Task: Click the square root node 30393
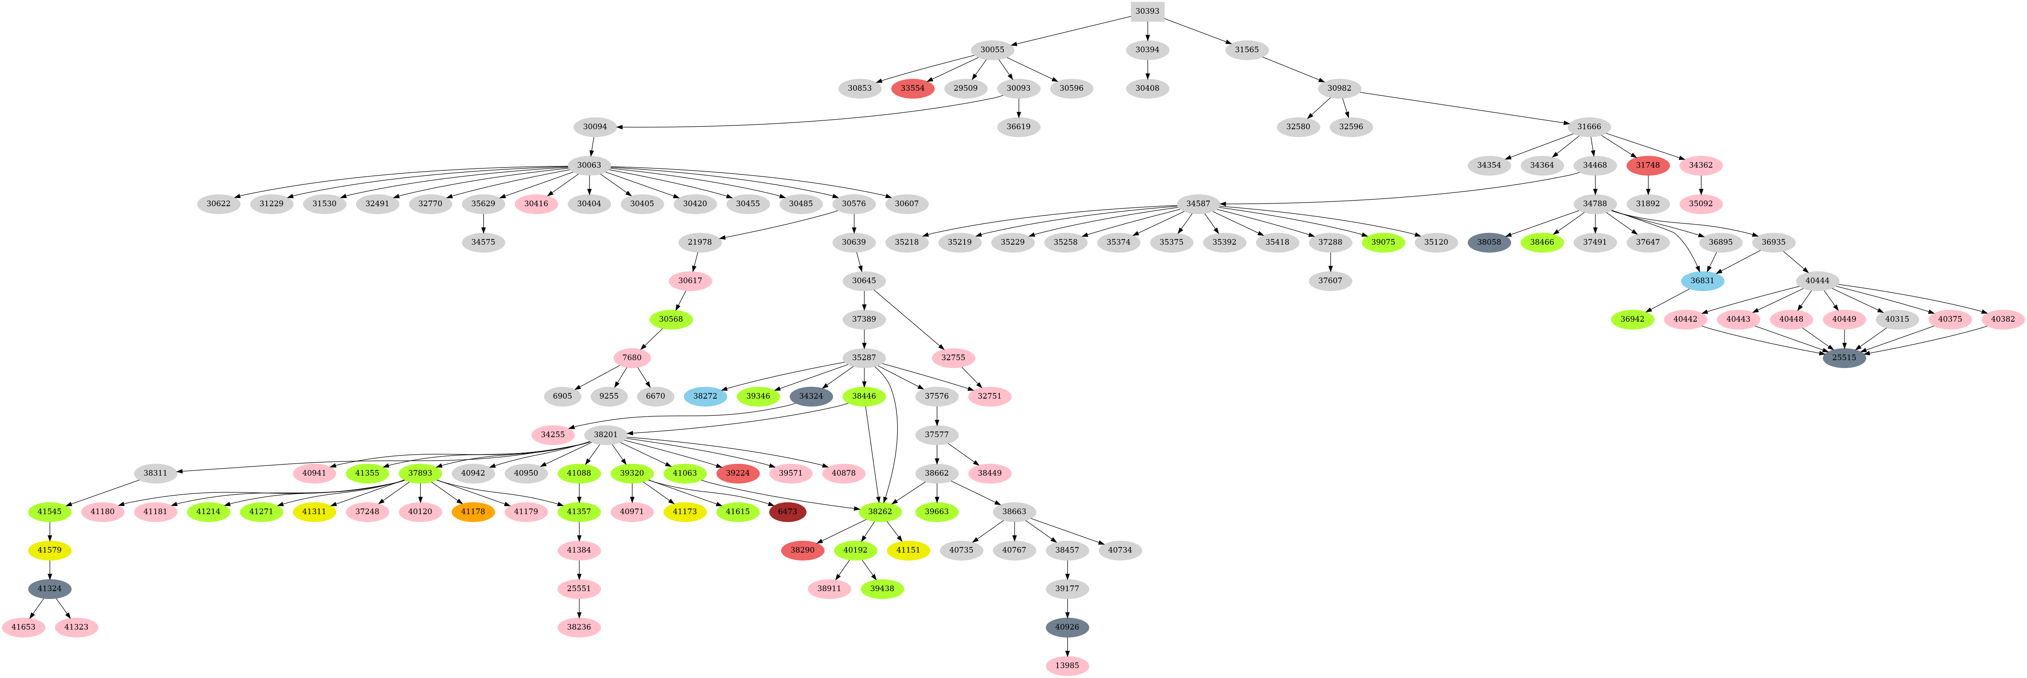click(1147, 11)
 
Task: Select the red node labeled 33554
click(913, 88)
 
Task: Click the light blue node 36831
click(1702, 281)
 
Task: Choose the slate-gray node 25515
click(1844, 358)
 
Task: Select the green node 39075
click(1382, 242)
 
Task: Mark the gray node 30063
click(589, 165)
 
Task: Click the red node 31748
click(1648, 165)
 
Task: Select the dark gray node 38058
click(1489, 242)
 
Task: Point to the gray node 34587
click(1198, 204)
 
